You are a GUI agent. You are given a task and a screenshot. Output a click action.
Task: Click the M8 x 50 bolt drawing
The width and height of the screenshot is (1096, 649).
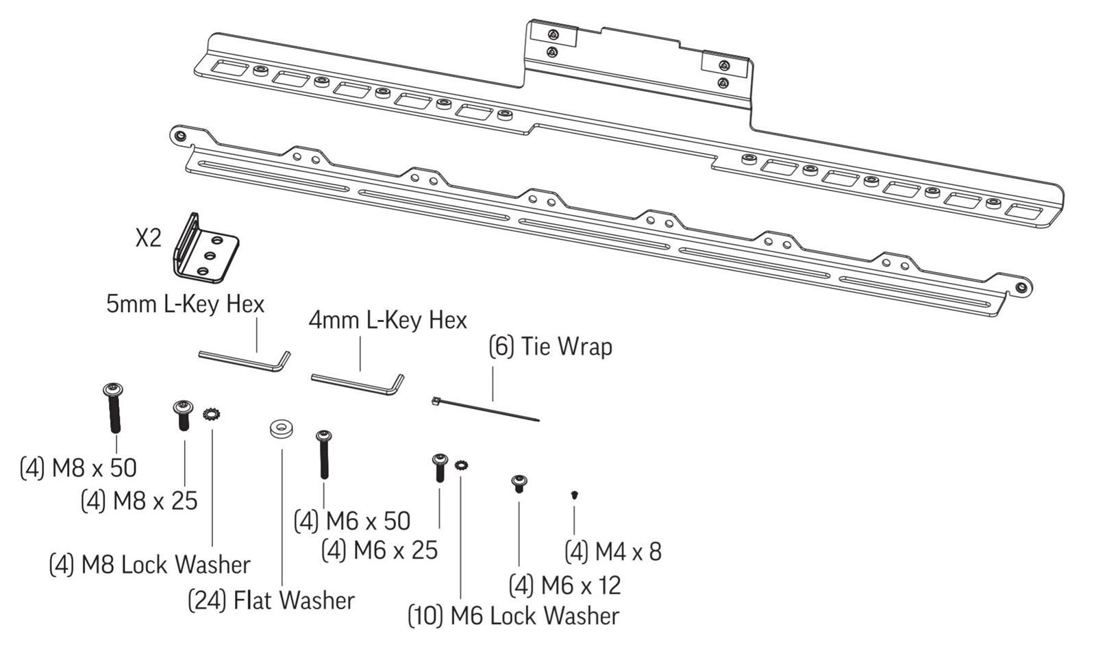(114, 408)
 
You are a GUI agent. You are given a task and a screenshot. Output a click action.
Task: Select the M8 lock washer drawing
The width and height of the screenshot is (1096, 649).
(212, 414)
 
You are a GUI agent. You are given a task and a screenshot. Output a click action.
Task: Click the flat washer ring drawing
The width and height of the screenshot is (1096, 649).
(282, 429)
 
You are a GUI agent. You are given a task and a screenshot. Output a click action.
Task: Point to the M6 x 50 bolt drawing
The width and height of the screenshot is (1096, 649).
(324, 454)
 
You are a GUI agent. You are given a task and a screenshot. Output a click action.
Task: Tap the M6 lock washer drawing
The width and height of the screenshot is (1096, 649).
(462, 465)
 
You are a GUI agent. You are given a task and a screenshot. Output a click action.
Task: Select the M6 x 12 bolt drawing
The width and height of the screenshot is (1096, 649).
(519, 484)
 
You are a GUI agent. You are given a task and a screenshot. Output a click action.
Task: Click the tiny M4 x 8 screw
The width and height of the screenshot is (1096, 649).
(575, 495)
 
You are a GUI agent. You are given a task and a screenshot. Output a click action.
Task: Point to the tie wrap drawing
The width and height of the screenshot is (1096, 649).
(486, 409)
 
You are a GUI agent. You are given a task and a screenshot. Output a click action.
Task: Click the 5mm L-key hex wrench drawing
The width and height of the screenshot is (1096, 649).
(245, 360)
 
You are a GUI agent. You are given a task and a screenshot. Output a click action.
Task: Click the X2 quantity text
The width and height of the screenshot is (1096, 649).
(148, 238)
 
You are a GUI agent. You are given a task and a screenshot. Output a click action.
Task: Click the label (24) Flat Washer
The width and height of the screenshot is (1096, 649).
(271, 600)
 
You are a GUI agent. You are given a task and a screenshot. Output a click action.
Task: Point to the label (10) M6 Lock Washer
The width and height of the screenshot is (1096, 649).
(514, 615)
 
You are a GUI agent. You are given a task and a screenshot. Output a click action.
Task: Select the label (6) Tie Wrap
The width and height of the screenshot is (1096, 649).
(551, 347)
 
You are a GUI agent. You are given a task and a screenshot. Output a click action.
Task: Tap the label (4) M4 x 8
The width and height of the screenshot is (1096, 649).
(613, 552)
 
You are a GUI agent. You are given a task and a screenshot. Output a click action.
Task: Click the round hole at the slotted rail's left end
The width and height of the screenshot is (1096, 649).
(180, 134)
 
